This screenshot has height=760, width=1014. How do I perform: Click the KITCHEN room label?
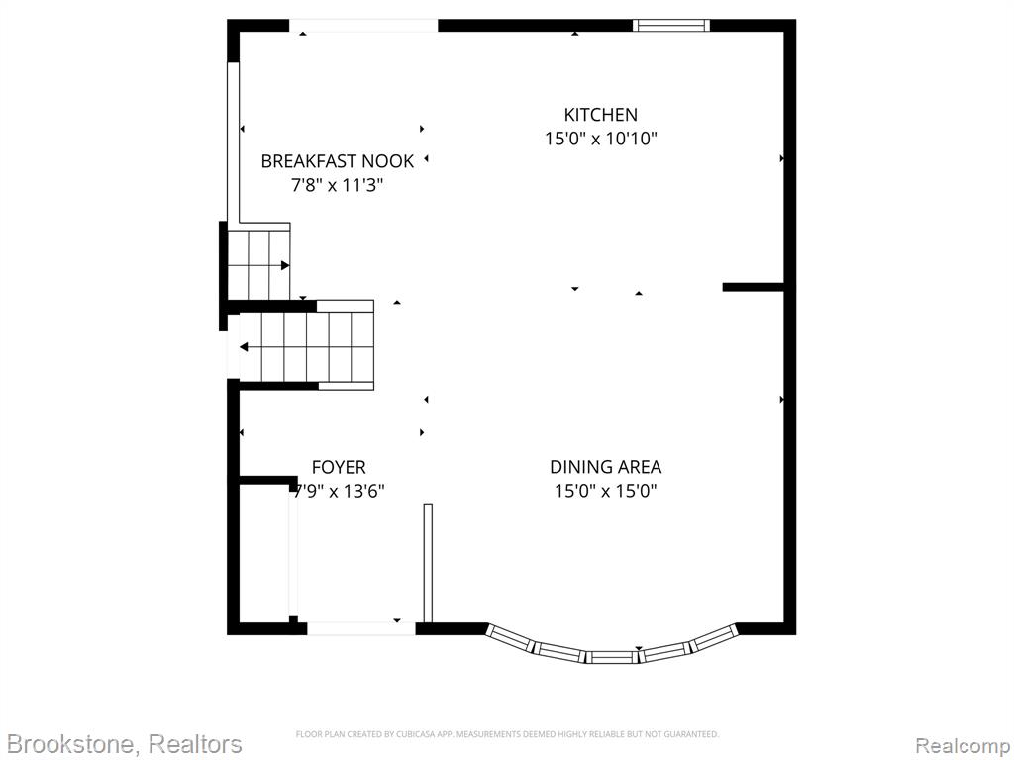point(601,115)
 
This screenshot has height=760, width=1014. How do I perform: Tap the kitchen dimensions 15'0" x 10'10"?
point(601,139)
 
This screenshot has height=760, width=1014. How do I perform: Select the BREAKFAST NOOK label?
point(337,161)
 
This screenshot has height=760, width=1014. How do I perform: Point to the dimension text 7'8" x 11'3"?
point(337,185)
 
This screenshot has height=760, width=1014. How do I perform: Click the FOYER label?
point(339,467)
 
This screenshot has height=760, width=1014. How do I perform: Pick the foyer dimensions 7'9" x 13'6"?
point(339,491)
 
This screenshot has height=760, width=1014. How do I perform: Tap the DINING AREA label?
point(605,467)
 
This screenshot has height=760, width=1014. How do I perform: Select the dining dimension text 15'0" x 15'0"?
point(605,491)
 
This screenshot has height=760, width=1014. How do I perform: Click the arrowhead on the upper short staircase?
point(284,265)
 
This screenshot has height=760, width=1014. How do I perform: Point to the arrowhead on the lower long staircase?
point(244,347)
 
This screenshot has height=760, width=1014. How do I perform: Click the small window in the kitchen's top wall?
point(670,26)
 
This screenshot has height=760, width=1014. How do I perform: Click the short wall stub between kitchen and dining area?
point(754,287)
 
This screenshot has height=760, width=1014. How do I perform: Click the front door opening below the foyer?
point(360,628)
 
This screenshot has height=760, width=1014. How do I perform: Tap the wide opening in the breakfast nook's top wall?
point(363,26)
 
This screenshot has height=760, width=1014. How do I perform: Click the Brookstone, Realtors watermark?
point(124,744)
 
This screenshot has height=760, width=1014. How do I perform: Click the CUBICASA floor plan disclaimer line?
point(507,734)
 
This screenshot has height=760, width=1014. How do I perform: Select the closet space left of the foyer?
point(263,553)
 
